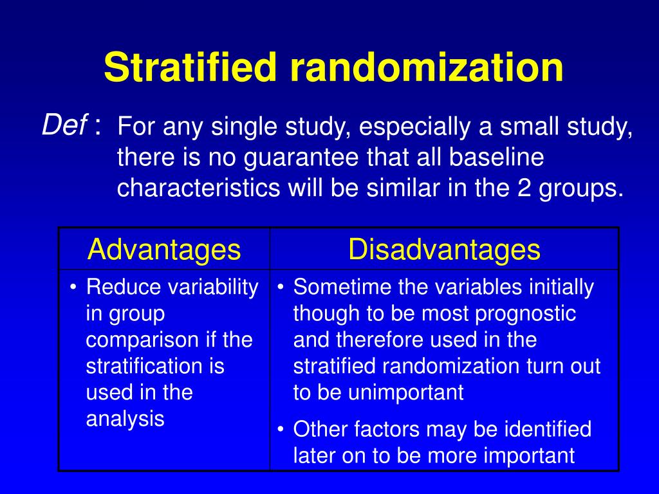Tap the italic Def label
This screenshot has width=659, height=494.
coord(64,124)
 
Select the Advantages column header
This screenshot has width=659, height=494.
coord(164,250)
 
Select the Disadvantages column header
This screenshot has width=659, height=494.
coord(444,250)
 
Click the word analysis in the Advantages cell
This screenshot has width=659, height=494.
coord(125,419)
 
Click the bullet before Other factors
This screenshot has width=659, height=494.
coord(281,428)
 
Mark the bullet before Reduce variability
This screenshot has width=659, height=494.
coord(74,288)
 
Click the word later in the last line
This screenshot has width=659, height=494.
coord(312,455)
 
